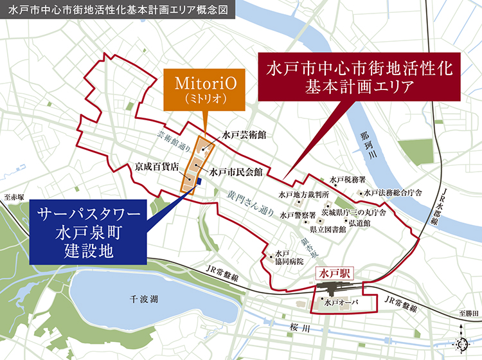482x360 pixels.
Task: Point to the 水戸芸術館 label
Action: coord(245,136)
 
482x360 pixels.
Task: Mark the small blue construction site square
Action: coord(200,181)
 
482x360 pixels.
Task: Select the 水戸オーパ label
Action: coord(341,302)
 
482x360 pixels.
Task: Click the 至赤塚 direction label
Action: coord(13,197)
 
